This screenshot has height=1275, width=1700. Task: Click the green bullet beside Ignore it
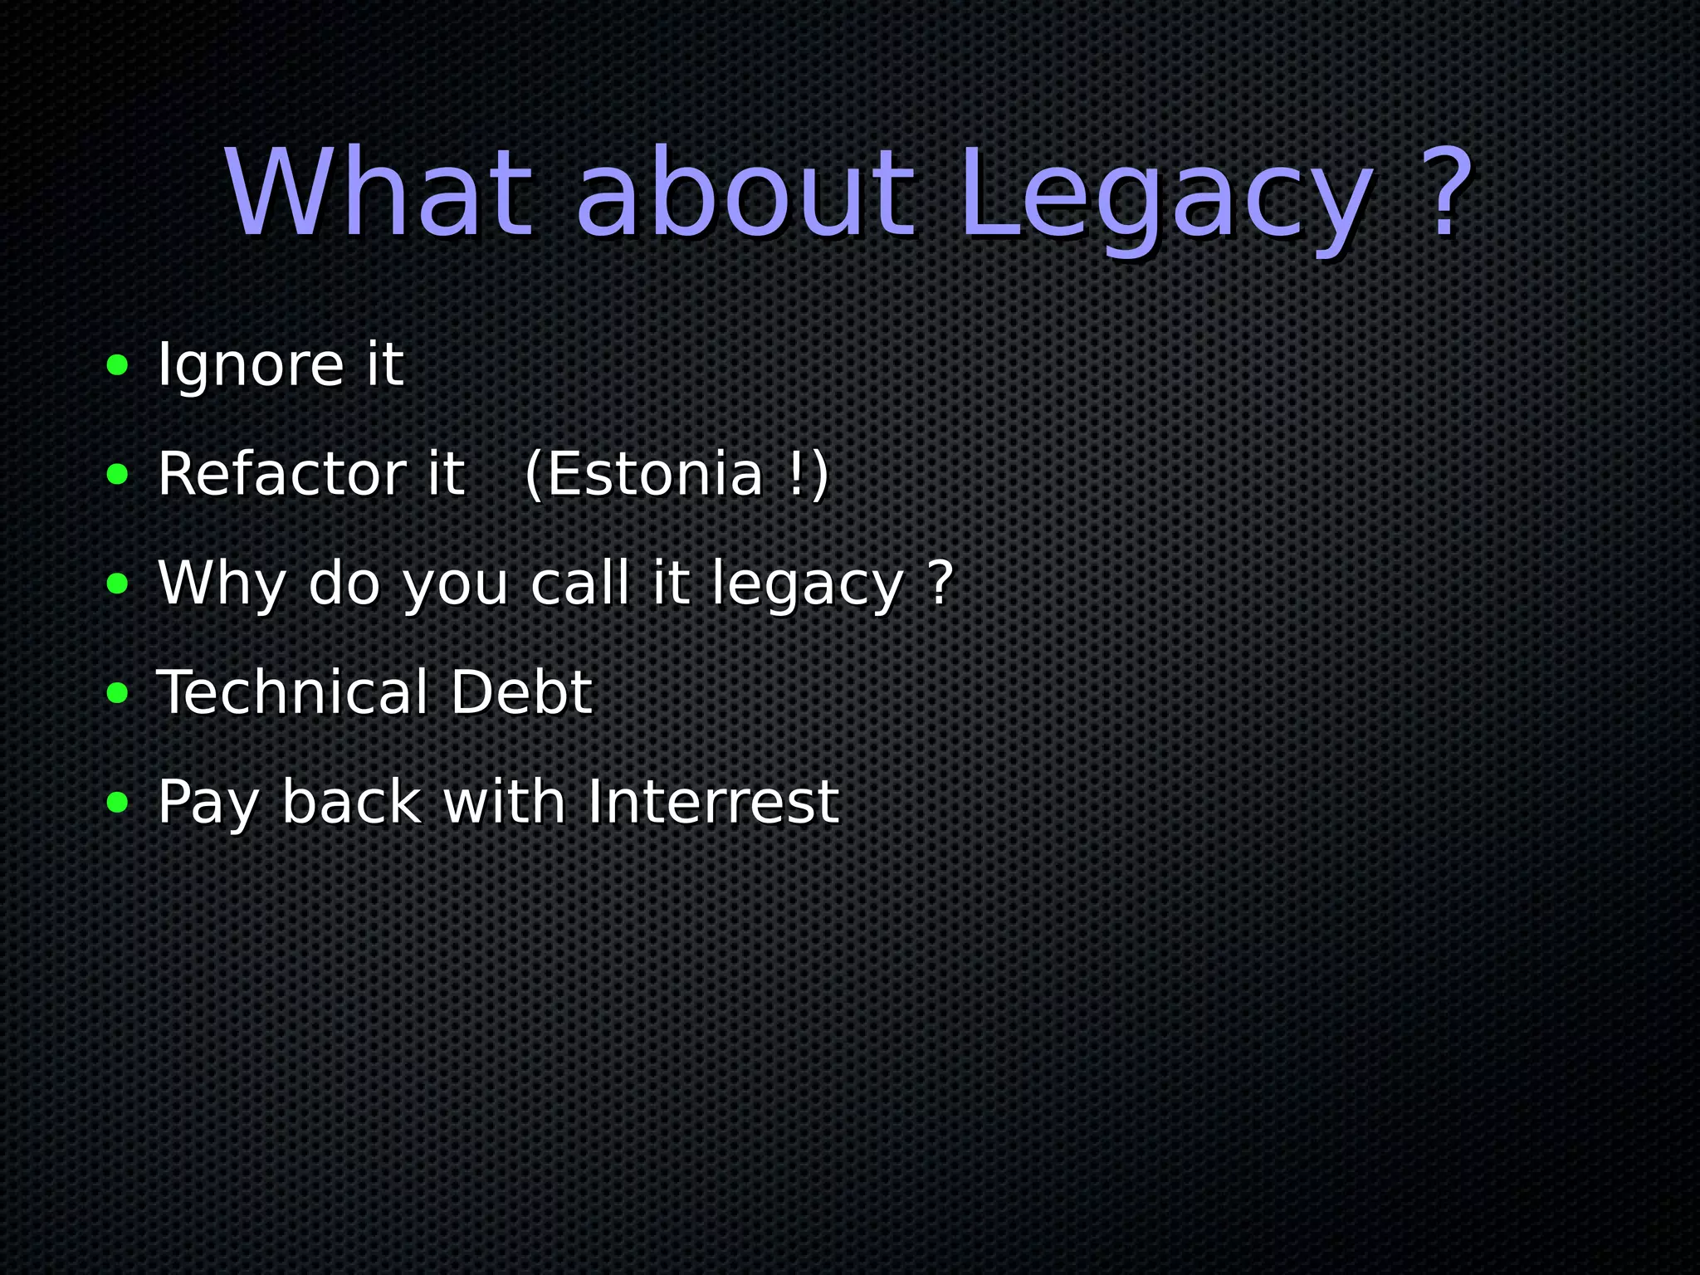(x=118, y=364)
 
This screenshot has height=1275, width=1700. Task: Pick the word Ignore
(x=250, y=365)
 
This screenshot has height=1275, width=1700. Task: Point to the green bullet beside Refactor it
(x=118, y=474)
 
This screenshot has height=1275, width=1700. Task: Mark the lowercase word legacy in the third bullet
(x=808, y=585)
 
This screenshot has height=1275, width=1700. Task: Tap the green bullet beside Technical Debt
(x=118, y=692)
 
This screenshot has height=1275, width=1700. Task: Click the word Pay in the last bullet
(x=208, y=804)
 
